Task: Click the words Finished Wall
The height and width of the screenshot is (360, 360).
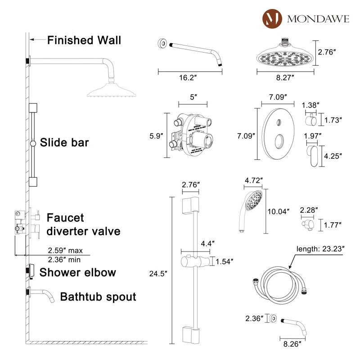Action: coord(84,40)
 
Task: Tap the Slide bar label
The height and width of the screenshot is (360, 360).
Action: coord(64,143)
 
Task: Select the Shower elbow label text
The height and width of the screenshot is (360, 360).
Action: coord(77,272)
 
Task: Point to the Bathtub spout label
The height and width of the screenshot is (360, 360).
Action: coord(98,297)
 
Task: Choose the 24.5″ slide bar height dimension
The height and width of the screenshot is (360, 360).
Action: coord(158,273)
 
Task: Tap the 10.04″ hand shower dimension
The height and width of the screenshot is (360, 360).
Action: coord(279,211)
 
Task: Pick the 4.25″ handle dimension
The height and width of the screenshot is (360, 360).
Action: coord(333,156)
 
